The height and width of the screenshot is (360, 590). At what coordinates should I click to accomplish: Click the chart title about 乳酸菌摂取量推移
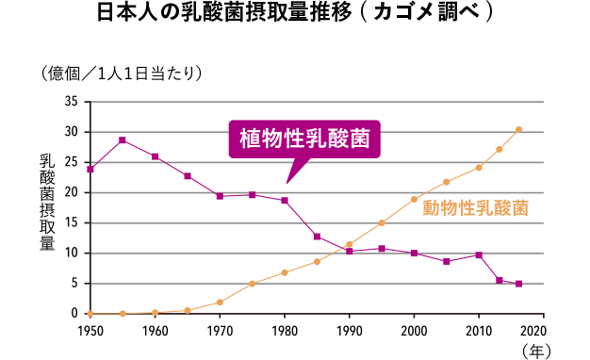[294, 16]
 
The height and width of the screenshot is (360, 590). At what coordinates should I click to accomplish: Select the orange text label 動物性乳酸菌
[475, 207]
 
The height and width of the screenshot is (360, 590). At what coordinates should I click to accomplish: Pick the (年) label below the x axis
[534, 351]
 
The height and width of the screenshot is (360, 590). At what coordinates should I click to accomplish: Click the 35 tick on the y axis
[71, 102]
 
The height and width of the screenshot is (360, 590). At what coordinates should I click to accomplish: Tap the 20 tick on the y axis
[71, 192]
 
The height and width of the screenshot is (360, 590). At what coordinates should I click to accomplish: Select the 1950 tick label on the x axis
[90, 331]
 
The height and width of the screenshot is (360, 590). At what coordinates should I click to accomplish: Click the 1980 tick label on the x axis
[285, 331]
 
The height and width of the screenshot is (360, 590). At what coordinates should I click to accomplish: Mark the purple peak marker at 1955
[123, 140]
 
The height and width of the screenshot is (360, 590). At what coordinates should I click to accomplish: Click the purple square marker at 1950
[90, 170]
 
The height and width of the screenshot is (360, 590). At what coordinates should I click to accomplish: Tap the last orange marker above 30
[518, 129]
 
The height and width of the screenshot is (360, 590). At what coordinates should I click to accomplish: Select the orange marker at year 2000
[414, 199]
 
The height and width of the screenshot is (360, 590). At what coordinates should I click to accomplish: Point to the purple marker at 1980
[285, 200]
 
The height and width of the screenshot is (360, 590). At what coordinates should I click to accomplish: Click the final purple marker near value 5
[518, 284]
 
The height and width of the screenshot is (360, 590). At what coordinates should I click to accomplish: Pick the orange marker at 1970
[220, 302]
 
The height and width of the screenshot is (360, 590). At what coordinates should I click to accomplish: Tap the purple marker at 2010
[479, 254]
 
